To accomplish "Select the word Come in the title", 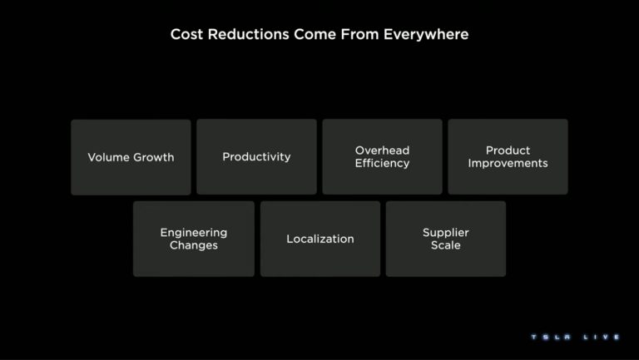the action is coord(315,34).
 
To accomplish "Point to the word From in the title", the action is coord(359,34).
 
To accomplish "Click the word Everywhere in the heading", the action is coord(426,34).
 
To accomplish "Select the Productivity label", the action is coord(256,157).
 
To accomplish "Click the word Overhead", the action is coord(382,150).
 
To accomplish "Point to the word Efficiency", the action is coord(382,163).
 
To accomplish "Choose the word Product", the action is coord(508,150).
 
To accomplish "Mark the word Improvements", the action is coord(508,163).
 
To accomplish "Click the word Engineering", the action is coord(194,233).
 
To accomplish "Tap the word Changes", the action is coord(194,245).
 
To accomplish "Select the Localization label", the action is coord(319,239).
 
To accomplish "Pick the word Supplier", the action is coord(446,233).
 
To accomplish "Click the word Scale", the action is coord(446,245).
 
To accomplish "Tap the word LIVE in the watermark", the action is coord(602,338).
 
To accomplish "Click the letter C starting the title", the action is coord(176,34).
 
